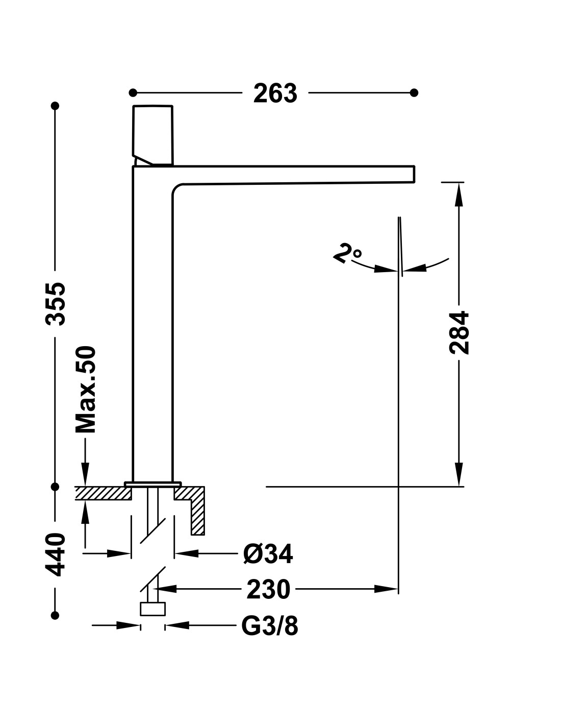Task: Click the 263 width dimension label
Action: click(275, 93)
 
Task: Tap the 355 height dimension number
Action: click(56, 304)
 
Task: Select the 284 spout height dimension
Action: click(459, 333)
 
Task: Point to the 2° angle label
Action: click(347, 253)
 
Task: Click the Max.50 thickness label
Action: click(86, 390)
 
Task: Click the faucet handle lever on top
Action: click(153, 135)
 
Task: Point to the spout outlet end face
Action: click(414, 174)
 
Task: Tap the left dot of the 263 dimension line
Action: click(133, 92)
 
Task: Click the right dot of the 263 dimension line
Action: click(414, 92)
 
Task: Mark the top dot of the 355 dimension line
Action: click(55, 106)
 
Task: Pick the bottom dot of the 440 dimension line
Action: click(55, 615)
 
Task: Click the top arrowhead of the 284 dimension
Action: click(459, 195)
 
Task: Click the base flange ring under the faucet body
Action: click(153, 484)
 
